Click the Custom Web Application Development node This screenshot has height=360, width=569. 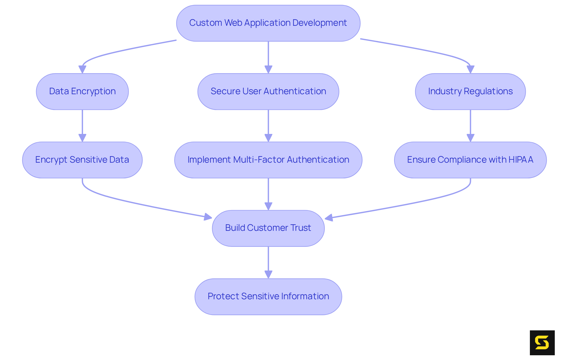click(268, 23)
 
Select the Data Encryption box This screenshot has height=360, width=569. click(82, 92)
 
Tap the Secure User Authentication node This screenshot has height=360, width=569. click(268, 92)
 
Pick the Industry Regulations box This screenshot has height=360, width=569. click(470, 92)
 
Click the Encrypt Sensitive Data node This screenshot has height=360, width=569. click(82, 160)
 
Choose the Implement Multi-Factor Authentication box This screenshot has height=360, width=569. click(268, 160)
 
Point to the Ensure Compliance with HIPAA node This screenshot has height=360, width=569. click(470, 160)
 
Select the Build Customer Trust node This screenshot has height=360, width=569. click(268, 228)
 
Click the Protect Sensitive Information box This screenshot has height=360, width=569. click(268, 297)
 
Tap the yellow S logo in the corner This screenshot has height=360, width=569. click(542, 343)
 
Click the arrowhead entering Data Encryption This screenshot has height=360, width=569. click(82, 69)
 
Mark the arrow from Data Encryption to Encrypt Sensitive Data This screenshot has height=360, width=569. click(82, 124)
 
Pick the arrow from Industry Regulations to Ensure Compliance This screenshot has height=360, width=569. click(470, 124)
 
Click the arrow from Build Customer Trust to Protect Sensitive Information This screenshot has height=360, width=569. click(268, 261)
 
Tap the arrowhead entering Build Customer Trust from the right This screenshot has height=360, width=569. click(329, 218)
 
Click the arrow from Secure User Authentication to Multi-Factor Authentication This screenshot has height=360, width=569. click(268, 124)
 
